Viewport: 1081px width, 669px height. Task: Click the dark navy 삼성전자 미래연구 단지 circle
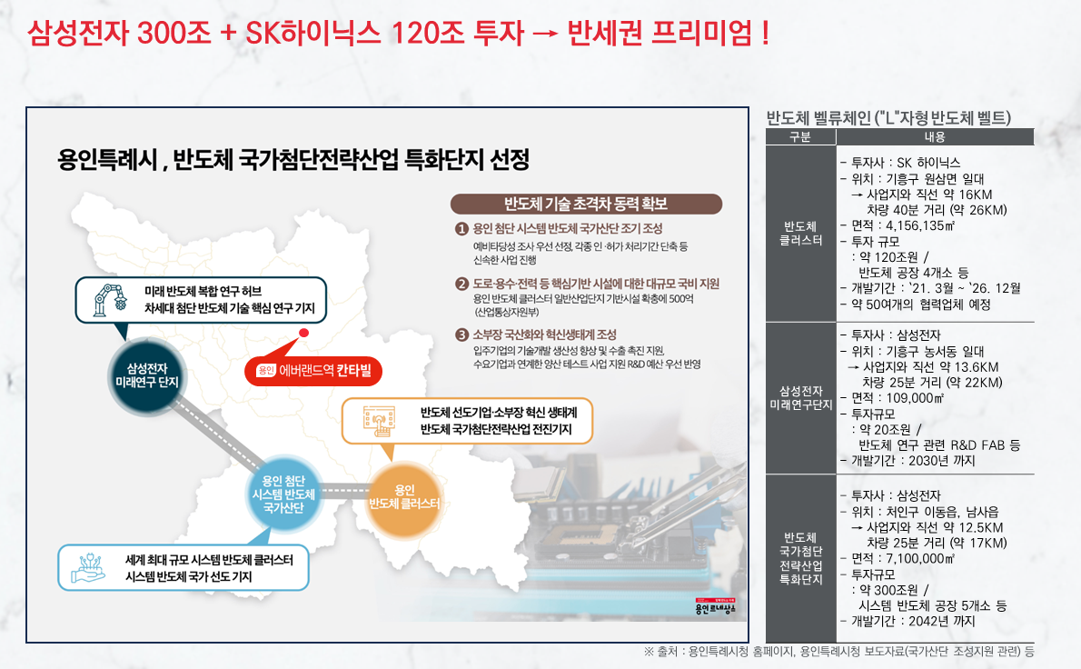(147, 376)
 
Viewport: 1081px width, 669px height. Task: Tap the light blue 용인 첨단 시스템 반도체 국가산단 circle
(283, 494)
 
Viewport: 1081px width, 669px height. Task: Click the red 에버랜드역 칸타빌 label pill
(313, 371)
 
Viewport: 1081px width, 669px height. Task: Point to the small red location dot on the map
(303, 333)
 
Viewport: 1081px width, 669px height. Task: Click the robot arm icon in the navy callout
(110, 300)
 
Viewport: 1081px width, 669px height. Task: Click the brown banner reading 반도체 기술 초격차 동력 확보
(586, 205)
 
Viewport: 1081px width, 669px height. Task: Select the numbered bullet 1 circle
(461, 229)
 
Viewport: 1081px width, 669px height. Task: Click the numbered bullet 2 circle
(461, 285)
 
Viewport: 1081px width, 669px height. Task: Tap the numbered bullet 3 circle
(461, 335)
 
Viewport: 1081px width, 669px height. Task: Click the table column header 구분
(800, 137)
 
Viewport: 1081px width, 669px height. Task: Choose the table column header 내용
(935, 137)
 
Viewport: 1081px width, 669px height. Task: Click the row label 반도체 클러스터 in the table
(800, 233)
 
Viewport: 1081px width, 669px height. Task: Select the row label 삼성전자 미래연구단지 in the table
(800, 398)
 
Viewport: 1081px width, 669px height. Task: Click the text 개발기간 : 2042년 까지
(913, 622)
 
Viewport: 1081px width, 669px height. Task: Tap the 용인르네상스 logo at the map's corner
(716, 607)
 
